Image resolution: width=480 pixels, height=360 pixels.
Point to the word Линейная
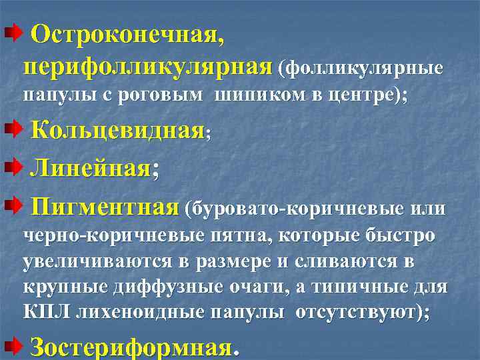coord(91,167)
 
